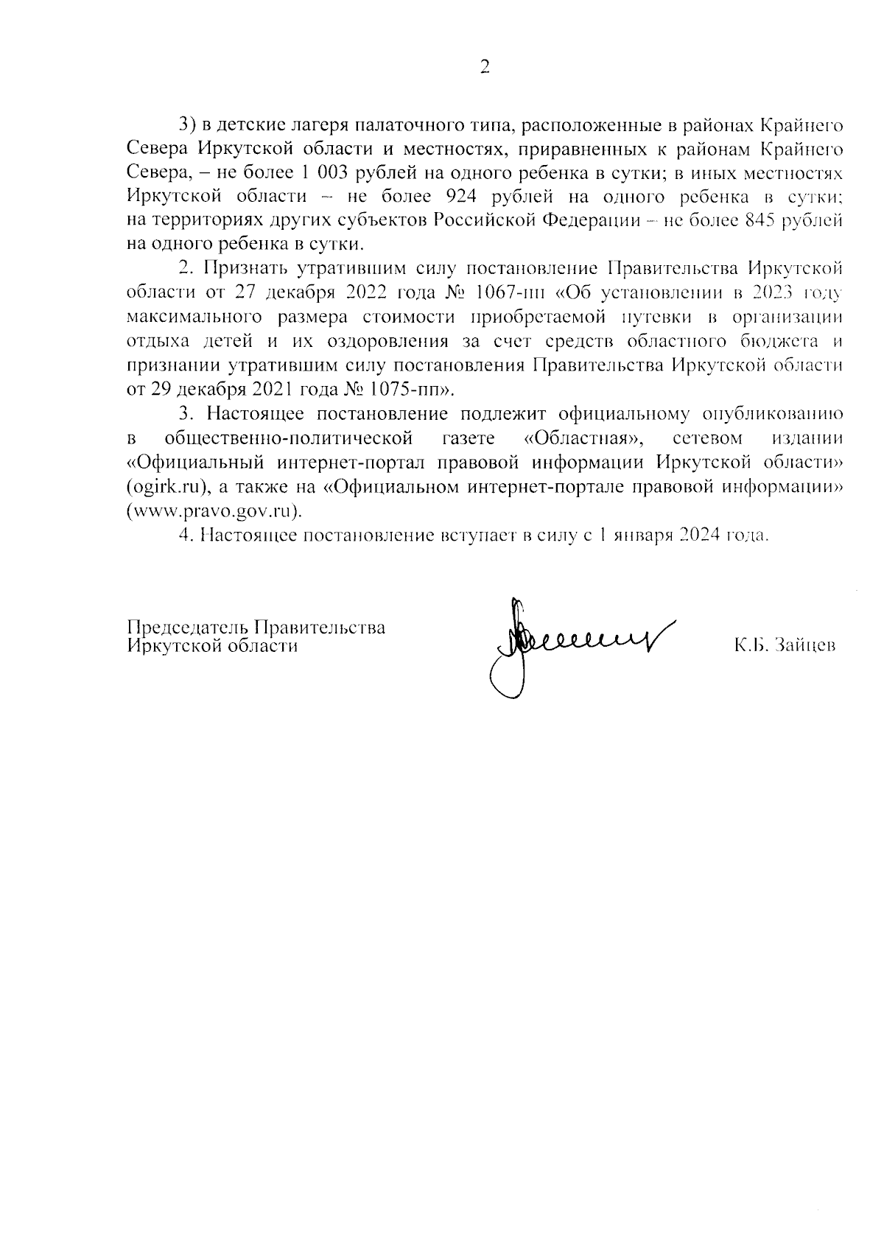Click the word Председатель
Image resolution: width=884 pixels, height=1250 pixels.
pos(187,627)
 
